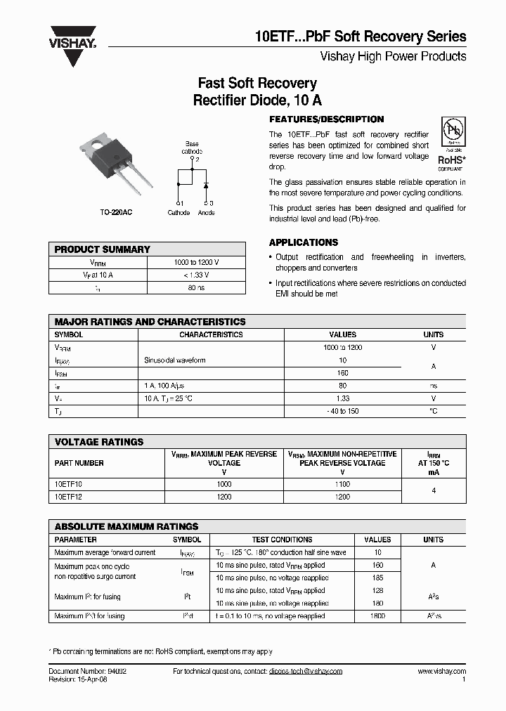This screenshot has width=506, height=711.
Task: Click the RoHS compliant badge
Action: [452, 144]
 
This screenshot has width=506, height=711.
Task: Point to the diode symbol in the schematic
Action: [205, 185]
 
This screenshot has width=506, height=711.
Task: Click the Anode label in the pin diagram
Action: [207, 212]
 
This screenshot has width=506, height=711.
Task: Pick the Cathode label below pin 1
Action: [179, 212]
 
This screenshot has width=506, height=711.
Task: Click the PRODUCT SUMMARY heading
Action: [103, 249]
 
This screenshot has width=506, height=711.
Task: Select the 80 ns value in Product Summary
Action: [196, 287]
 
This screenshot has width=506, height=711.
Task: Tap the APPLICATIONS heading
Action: [304, 242]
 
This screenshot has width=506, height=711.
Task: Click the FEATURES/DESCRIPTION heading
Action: [327, 119]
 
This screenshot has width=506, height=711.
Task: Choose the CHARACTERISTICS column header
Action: [211, 335]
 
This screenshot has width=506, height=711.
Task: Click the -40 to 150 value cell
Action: [342, 411]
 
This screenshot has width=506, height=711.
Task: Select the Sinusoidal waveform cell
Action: [175, 360]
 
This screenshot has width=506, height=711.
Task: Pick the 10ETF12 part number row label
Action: [68, 497]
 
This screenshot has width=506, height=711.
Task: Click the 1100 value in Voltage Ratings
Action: [342, 484]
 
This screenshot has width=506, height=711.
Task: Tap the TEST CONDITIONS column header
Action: [282, 540]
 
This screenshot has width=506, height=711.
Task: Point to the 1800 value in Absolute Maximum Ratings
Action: [377, 616]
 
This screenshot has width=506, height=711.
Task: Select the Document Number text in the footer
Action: [88, 672]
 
